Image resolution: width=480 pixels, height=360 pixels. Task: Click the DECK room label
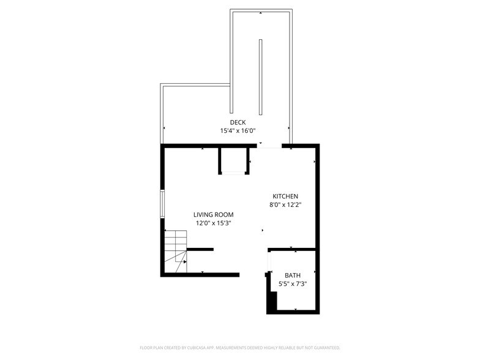tap(238, 122)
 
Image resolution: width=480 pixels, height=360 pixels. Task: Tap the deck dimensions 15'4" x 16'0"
tap(238, 130)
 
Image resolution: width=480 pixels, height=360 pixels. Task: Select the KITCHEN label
tap(285, 196)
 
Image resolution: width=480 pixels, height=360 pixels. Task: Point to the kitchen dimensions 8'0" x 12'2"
tap(285, 204)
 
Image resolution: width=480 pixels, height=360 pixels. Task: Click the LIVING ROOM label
tap(213, 214)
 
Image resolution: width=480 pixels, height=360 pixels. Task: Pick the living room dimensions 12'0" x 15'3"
tap(213, 223)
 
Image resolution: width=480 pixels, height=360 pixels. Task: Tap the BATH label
tap(293, 276)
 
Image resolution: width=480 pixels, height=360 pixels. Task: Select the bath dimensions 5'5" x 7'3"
tap(293, 284)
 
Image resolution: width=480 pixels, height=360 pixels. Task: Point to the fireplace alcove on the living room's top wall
tap(234, 162)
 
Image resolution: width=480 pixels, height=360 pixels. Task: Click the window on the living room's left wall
tap(162, 203)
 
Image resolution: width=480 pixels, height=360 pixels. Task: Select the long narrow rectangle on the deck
tap(260, 77)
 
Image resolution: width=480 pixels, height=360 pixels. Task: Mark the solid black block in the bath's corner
tap(272, 301)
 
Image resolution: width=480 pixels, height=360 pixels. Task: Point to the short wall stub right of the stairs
tap(200, 249)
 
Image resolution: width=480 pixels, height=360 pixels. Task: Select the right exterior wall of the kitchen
tap(318, 196)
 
